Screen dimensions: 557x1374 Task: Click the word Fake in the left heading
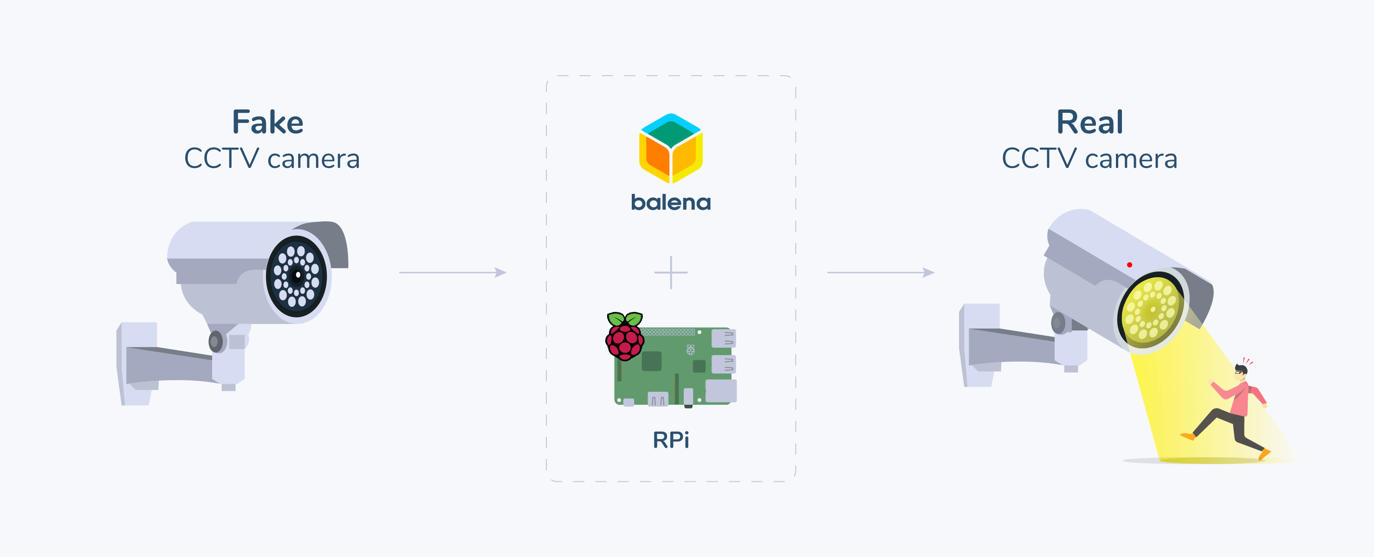point(268,122)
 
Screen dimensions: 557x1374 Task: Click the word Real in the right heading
point(1090,122)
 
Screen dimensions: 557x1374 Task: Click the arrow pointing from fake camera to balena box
point(452,272)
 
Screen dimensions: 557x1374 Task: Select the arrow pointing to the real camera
point(880,272)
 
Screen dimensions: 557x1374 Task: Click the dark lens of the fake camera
point(297,276)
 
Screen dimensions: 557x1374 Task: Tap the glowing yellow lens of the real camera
point(1152,310)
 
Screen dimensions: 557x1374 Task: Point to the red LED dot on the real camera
point(1129,265)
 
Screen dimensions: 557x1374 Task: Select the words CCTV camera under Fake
point(272,159)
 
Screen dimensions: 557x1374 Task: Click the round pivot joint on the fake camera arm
point(215,342)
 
